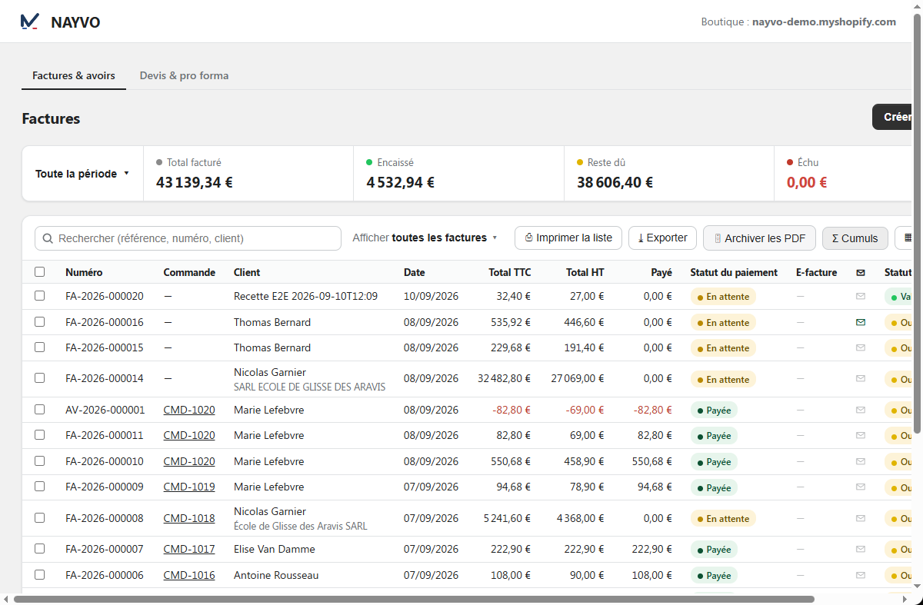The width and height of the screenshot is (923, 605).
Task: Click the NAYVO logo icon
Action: (30, 22)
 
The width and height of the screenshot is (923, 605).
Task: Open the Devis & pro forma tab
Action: (184, 76)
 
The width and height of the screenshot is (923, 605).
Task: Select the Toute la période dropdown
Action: (82, 174)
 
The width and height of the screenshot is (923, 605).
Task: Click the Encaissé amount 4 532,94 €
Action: (400, 182)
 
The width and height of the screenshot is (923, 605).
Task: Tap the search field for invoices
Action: (188, 238)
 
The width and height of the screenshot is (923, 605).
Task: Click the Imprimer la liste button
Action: (568, 238)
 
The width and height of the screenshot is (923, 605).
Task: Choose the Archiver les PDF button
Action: (759, 238)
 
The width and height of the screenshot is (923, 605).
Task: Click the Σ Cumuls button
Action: (855, 238)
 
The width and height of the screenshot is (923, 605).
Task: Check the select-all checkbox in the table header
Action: (39, 272)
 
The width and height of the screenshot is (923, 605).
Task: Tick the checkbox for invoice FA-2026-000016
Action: (39, 321)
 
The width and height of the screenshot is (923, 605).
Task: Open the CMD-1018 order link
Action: (189, 518)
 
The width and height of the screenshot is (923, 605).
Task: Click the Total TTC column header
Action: (510, 272)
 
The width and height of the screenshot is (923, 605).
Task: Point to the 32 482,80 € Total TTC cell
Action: (504, 378)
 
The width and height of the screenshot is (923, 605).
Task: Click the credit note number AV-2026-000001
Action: (105, 410)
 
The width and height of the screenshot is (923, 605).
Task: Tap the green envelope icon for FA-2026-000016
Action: (861, 322)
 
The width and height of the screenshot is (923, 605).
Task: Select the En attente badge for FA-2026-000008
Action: (723, 518)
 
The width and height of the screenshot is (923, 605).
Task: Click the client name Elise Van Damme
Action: (275, 549)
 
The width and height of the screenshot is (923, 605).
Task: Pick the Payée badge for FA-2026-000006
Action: (714, 575)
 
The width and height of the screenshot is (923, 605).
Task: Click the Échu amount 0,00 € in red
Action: (807, 182)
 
